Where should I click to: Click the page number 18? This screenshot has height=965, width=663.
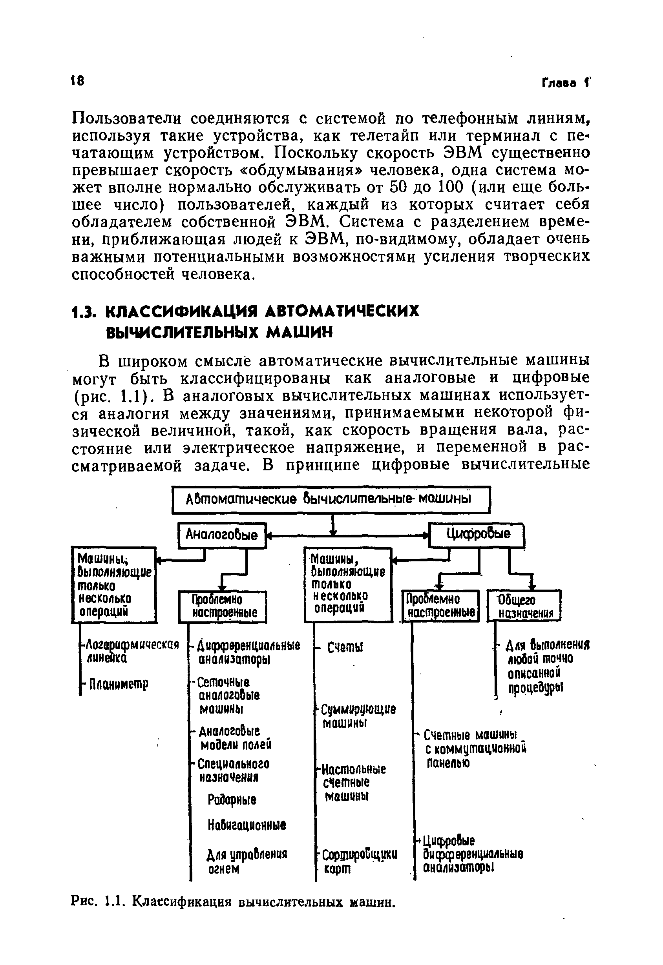point(78,80)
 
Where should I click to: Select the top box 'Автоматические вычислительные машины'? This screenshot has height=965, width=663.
point(331,499)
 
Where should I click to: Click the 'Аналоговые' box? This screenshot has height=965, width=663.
point(222,535)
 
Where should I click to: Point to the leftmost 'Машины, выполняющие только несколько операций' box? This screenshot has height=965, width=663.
point(114,585)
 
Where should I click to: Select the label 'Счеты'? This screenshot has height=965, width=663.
point(345,647)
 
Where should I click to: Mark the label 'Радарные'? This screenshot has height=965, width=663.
point(232,800)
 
